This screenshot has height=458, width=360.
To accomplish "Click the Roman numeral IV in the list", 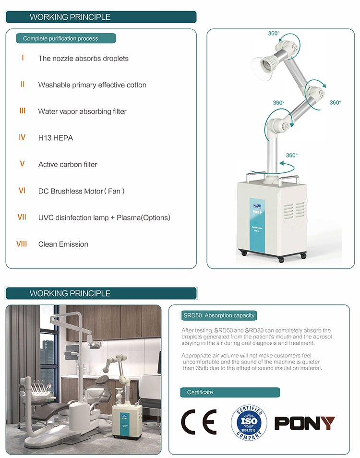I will point(22,137).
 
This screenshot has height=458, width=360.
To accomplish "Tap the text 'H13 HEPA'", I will point(56,138).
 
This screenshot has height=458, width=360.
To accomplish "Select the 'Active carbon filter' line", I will point(68,164).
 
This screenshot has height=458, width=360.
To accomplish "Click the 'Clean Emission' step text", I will point(63,244).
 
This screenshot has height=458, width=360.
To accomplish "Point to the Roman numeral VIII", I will point(22,244).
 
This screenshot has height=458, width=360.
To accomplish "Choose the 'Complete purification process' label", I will point(60,38).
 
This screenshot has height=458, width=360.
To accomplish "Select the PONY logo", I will point(304,423).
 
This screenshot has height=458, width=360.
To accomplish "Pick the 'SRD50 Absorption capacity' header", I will point(218,315).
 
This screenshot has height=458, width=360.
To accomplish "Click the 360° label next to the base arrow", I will point(292,155).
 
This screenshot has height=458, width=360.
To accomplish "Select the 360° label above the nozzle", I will point(274,34).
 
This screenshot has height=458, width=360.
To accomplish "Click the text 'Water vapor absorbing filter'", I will point(83,111).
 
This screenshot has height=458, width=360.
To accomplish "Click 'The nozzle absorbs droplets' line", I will point(84,59).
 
